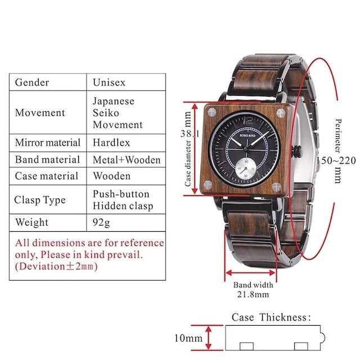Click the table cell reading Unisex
click(109, 83)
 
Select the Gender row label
click(31, 83)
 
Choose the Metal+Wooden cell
click(127, 160)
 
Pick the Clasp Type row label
click(40, 200)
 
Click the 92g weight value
click(101, 223)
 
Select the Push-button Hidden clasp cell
click(122, 200)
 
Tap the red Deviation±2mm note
click(56, 267)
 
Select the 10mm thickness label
click(187, 339)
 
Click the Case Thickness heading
click(271, 317)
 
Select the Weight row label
click(32, 223)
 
